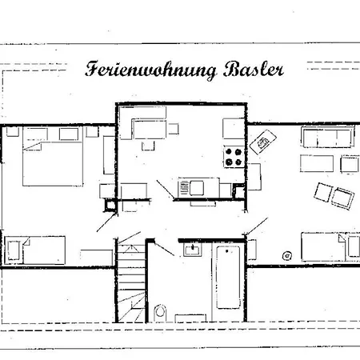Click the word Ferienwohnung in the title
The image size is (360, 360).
pos(150,70)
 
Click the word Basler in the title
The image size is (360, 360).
pos(254,70)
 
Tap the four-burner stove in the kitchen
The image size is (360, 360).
pos(234,157)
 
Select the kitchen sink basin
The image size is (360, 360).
pos(197,188)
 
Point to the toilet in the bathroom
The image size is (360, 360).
pos(160,311)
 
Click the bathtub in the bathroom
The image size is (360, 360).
pos(228,277)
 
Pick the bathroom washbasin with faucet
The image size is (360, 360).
pos(193,250)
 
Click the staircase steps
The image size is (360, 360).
pos(131,282)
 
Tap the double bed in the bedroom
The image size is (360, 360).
pos(53,156)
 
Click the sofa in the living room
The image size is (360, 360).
pos(328,137)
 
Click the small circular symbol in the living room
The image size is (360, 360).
pos(287,256)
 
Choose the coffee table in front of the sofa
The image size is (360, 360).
pos(317,163)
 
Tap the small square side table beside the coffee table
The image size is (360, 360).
pos(350,164)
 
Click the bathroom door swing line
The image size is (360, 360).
pos(164,249)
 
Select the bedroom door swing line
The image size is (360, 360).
pos(106,222)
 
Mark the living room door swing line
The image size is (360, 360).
pos(257,226)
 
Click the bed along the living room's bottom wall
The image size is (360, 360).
pos(330,246)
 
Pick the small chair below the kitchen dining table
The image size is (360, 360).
pos(148,146)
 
